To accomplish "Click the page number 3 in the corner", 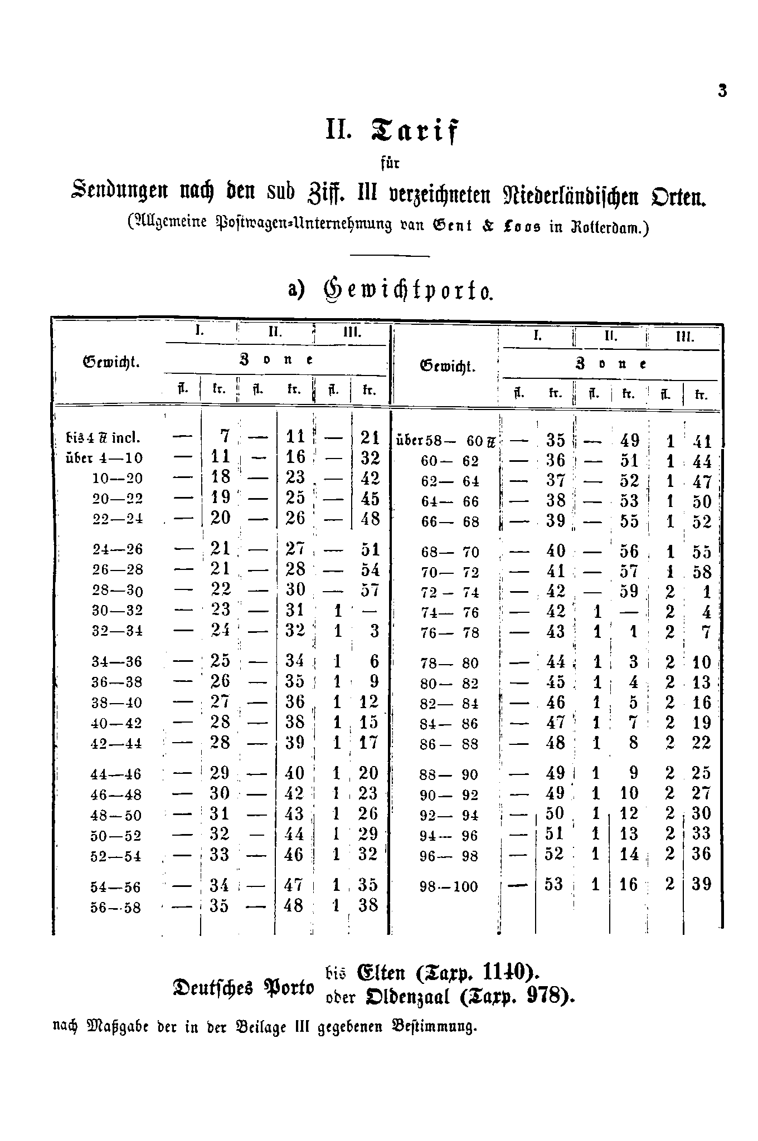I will tap(722, 91).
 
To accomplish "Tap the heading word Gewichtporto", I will tap(407, 290).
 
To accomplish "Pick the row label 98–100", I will tap(449, 886).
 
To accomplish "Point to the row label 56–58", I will tap(116, 908).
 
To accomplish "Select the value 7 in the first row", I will tap(225, 436).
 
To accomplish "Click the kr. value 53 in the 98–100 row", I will tap(554, 884).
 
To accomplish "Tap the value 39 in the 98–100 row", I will tap(702, 884).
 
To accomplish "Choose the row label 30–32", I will tap(117, 611).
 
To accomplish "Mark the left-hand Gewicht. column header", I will tap(111, 362).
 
